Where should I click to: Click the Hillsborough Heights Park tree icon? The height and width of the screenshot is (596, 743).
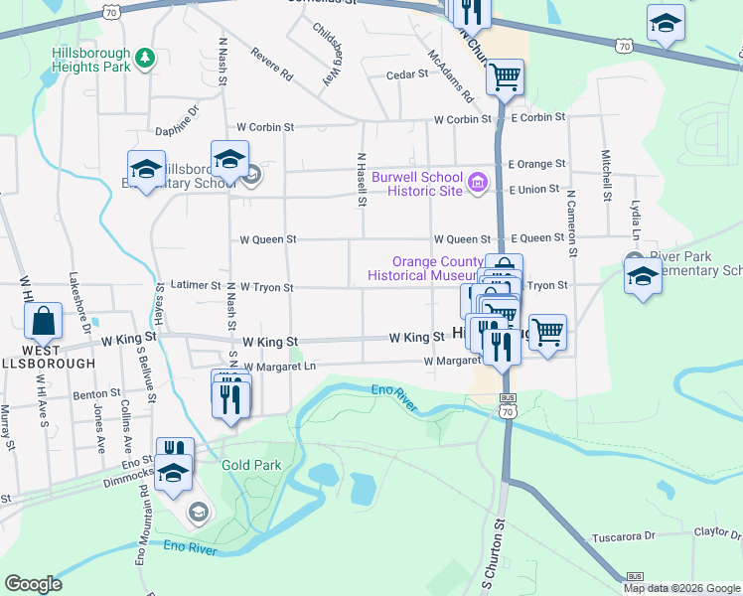tap(145, 59)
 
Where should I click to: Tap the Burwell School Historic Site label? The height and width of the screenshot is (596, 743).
tap(417, 184)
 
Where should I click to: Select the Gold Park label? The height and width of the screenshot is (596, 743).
tap(251, 465)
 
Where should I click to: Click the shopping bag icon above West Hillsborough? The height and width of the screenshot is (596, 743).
tap(45, 321)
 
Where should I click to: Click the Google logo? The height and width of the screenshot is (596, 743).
tap(33, 584)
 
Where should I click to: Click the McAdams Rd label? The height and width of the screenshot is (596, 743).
tap(450, 77)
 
